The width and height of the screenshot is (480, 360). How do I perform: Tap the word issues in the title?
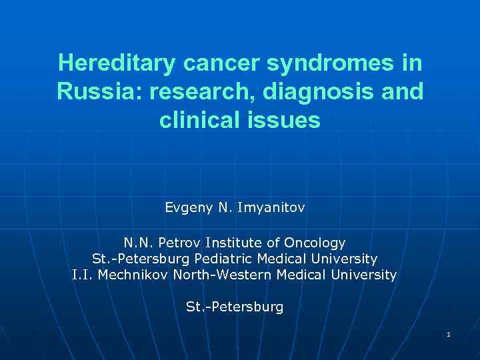289,121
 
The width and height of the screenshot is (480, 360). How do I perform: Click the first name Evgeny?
189,208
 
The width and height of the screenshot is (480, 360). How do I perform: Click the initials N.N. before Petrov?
138,243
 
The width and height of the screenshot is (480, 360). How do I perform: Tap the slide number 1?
449,334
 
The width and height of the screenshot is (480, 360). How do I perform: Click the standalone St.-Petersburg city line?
235,307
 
